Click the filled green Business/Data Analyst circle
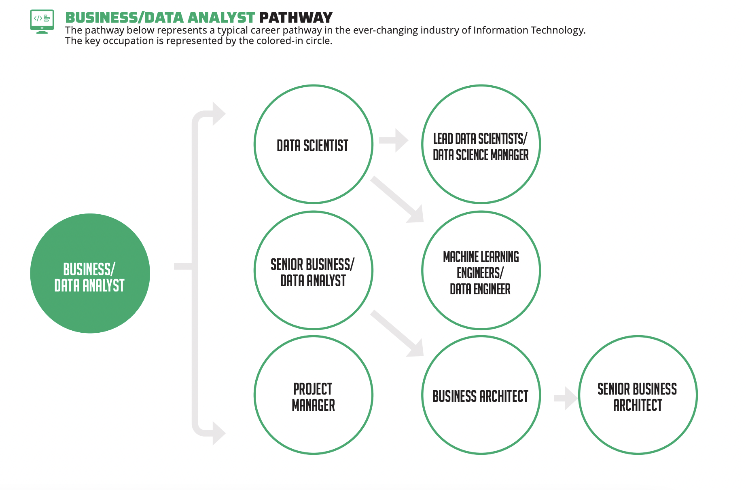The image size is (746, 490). click(x=90, y=273)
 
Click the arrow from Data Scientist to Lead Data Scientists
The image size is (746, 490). click(x=394, y=140)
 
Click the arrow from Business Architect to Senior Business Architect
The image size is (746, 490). click(x=566, y=399)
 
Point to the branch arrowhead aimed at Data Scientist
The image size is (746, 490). click(x=219, y=114)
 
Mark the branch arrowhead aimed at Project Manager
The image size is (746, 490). click(x=219, y=433)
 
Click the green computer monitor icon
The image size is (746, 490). click(x=42, y=22)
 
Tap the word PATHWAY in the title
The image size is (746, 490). click(x=296, y=18)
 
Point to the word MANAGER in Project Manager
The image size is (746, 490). click(x=314, y=405)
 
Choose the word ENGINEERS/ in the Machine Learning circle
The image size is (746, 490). click(x=480, y=273)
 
